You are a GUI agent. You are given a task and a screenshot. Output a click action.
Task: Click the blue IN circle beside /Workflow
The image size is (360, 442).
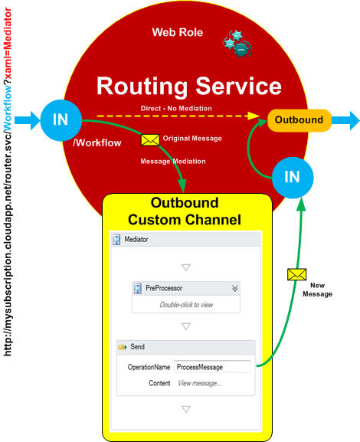tap(61, 120)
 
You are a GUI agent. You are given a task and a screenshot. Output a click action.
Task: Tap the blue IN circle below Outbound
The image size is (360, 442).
tap(293, 178)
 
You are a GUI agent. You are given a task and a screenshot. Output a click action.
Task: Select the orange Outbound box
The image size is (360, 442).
tap(299, 120)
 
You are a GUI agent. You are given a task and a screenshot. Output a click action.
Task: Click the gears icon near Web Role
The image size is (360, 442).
tap(237, 44)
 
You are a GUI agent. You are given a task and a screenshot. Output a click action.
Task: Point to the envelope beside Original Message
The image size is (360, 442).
tap(150, 140)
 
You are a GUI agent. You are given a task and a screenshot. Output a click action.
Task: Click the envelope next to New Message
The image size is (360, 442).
tap(297, 274)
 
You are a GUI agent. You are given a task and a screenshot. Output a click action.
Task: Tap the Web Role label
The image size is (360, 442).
tap(178, 32)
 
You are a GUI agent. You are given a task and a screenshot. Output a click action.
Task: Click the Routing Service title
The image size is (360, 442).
tap(189, 87)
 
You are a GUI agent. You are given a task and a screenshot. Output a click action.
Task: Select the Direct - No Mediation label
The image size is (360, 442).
tap(176, 108)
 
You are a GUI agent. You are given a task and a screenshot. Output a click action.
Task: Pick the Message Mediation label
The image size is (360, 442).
tap(173, 161)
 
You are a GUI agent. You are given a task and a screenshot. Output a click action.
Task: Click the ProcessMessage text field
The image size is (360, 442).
tap(212, 367)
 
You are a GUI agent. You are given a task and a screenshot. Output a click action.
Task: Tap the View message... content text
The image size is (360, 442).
tap(199, 383)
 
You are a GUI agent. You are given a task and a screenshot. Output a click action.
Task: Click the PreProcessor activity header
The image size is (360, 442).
tap(186, 288)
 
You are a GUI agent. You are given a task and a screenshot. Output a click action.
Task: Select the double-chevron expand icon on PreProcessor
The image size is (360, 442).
tap(235, 288)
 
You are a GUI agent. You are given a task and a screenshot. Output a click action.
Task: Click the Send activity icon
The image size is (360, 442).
tap(123, 347)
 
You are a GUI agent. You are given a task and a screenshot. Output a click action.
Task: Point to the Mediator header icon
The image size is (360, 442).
tap(116, 240)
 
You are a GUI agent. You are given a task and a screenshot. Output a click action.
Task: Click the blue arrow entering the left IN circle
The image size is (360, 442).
tap(28, 120)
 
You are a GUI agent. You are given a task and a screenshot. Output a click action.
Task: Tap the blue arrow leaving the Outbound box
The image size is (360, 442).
tap(345, 120)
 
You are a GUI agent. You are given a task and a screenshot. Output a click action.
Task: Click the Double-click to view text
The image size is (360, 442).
tap(186, 305)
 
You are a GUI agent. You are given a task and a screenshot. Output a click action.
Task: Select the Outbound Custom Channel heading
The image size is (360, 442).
tap(185, 211)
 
